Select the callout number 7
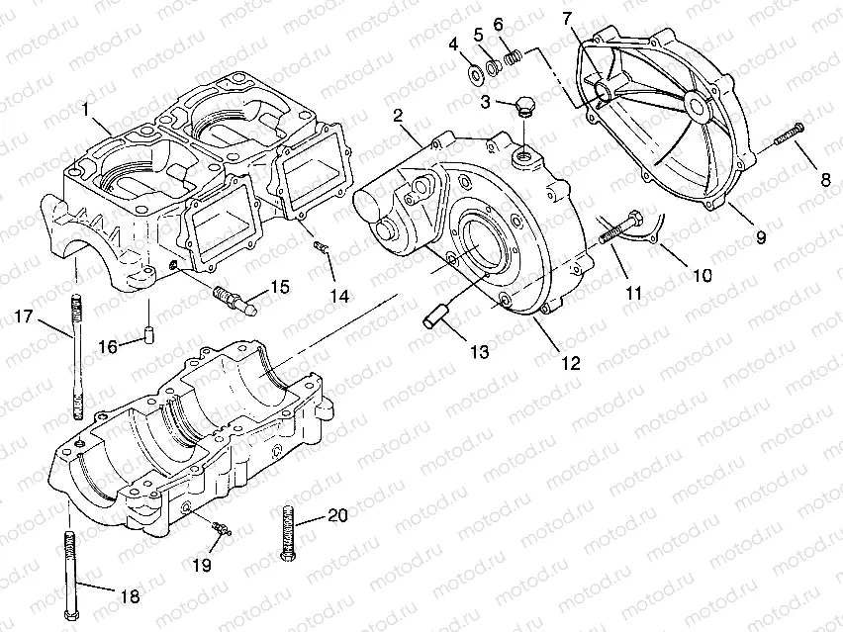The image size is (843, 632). [566, 18]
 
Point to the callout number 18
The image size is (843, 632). [130, 596]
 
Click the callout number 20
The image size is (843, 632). [337, 515]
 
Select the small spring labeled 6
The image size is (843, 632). [513, 58]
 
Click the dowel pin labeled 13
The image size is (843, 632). [435, 316]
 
